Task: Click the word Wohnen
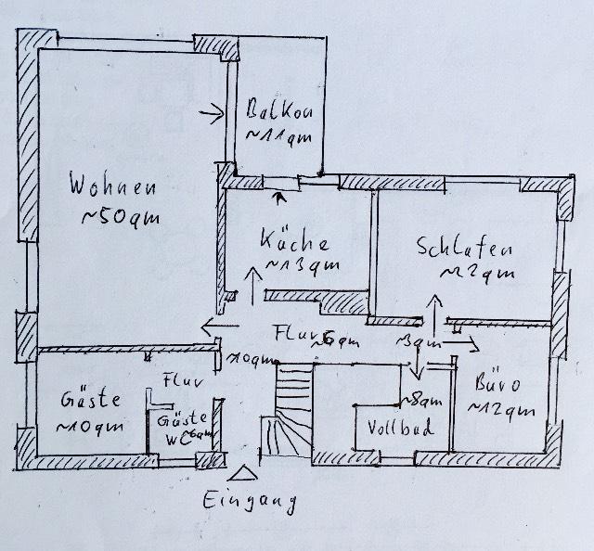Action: pos(111,186)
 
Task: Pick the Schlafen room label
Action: pos(466,249)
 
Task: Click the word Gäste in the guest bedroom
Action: pos(91,401)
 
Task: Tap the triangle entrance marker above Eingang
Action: pos(243,474)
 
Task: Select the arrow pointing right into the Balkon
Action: pos(213,115)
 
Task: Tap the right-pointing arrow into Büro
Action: pos(464,342)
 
